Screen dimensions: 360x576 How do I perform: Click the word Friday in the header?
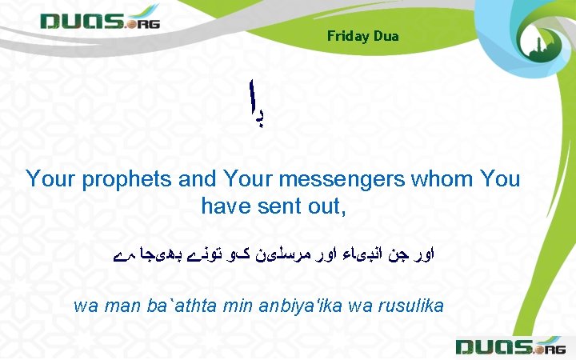(x=348, y=36)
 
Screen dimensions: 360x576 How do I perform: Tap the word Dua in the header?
(x=386, y=36)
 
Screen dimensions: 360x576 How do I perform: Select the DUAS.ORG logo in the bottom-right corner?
(x=509, y=346)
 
